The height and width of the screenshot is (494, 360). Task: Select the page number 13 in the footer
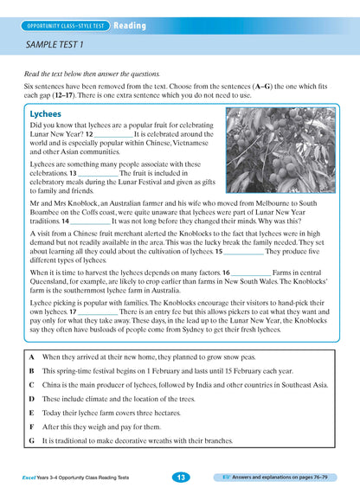coord(180,477)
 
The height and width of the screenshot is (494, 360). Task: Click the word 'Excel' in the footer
coord(32,478)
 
